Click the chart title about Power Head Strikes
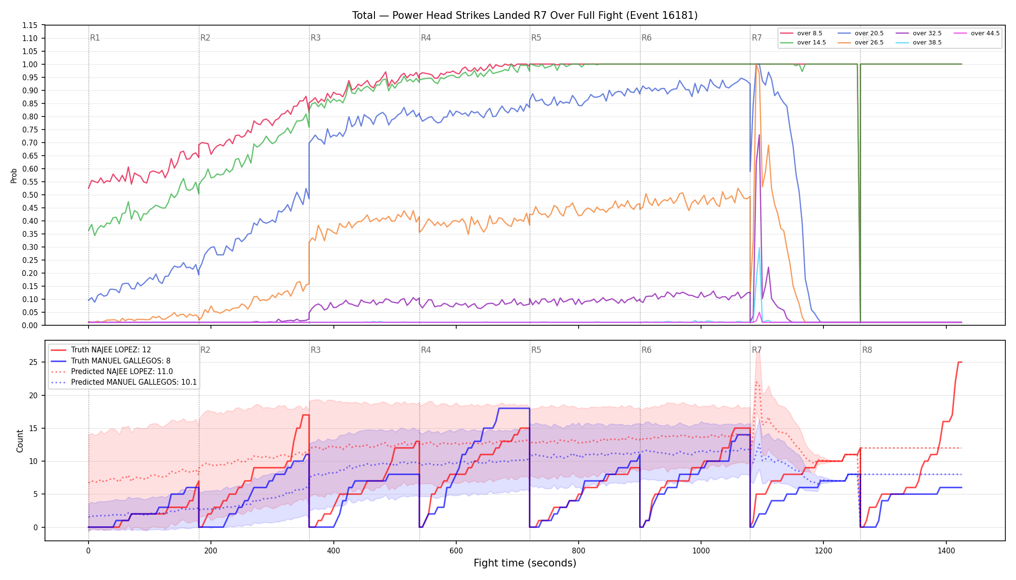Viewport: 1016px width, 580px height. (x=525, y=15)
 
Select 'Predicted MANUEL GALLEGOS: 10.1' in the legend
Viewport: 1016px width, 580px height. (x=124, y=382)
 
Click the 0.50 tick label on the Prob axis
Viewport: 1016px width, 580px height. (x=30, y=195)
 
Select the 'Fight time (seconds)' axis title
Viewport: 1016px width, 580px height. (x=525, y=563)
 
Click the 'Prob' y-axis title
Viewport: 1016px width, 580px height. (x=14, y=175)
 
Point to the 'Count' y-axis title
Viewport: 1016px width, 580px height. (x=20, y=441)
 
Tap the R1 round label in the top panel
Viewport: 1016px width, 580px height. (x=95, y=38)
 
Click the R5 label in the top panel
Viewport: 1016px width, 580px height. (x=536, y=38)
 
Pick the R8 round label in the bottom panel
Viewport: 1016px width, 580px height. (x=867, y=350)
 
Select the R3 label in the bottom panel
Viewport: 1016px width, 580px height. (x=315, y=350)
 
